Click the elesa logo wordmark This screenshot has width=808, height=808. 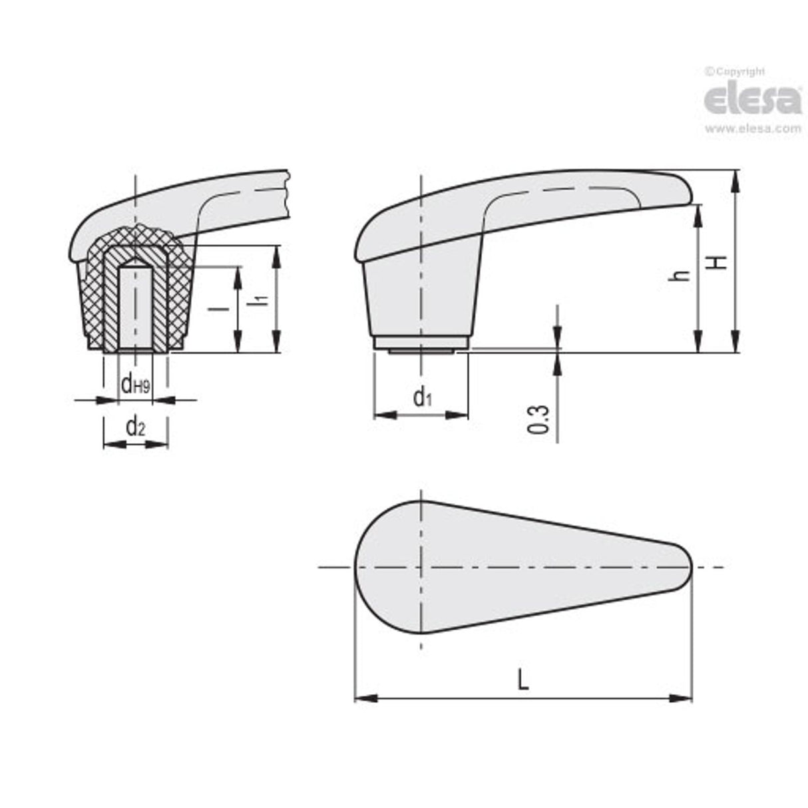point(753,100)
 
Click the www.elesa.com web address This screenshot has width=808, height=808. point(753,129)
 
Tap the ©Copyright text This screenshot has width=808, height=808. point(735,71)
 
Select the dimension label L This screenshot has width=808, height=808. point(523,680)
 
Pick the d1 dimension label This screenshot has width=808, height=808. point(423,397)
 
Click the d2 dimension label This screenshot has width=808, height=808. point(135,425)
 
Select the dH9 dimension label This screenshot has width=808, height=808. point(135,384)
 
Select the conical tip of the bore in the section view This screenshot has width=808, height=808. point(135,261)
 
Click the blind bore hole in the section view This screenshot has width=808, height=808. point(135,306)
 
